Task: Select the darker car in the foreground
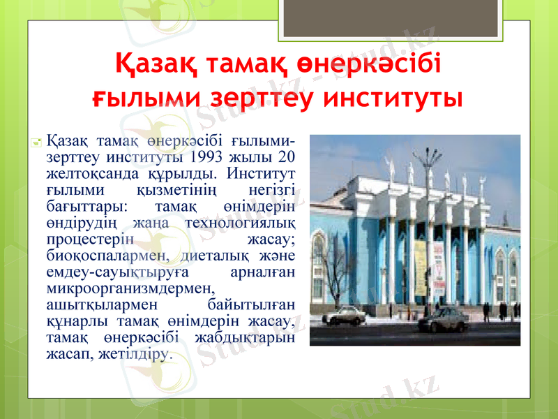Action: point(443,319)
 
